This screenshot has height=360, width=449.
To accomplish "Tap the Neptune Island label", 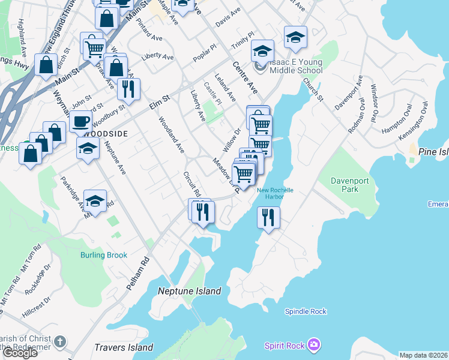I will point(190,292).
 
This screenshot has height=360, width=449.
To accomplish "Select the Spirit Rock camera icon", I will point(313,344).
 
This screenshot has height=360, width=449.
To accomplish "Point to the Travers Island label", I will point(124,347).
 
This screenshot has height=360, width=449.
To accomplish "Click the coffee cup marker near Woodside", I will point(80,122).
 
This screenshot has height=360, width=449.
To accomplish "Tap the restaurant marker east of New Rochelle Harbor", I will point(268,217).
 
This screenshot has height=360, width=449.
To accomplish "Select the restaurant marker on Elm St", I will point(129,89).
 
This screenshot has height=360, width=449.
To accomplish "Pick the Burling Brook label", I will point(104,255).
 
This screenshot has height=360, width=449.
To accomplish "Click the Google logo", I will point(19,353).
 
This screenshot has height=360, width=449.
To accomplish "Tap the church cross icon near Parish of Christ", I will point(59,341).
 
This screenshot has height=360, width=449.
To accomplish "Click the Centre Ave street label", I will point(245,78).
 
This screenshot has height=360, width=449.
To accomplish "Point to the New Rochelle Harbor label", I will point(275,193).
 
